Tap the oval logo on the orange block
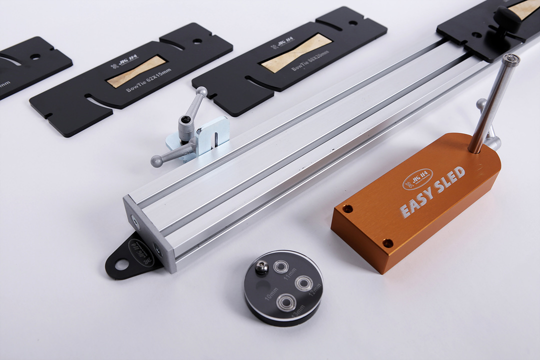[x=417, y=178]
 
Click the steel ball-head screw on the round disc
[x=261, y=268]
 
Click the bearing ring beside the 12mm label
[x=303, y=283]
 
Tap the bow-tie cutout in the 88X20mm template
[x=296, y=53]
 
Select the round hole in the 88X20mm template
[x=353, y=22]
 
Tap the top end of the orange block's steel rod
[x=511, y=59]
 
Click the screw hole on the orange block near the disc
[x=387, y=243]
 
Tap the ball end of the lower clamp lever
[x=156, y=161]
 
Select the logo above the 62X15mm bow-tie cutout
[x=115, y=66]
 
